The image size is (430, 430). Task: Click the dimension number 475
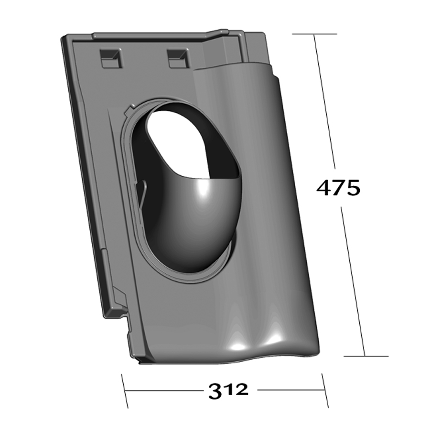pyautogui.click(x=338, y=188)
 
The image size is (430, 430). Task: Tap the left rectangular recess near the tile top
pyautogui.click(x=110, y=58)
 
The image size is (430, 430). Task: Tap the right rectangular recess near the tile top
pyautogui.click(x=178, y=58)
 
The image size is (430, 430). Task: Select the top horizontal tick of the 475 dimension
pyautogui.click(x=314, y=34)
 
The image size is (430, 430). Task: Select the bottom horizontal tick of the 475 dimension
pyautogui.click(x=366, y=356)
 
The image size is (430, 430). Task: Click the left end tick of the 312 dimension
pyautogui.click(x=125, y=391)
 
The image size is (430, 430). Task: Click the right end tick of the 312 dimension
pyautogui.click(x=325, y=390)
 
